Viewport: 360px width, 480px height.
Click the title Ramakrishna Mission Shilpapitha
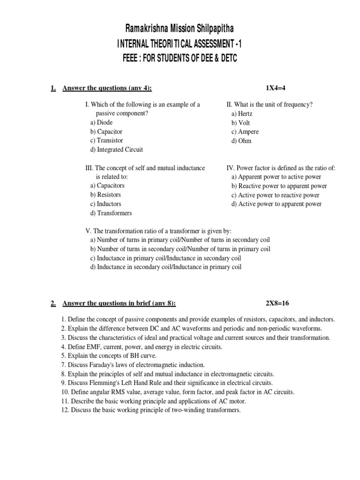coord(180,30)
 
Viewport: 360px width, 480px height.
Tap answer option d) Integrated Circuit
coord(117,150)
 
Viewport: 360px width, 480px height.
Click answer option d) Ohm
coord(241,141)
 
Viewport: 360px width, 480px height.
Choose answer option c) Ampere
coord(245,132)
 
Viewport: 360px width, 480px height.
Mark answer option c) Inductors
coord(105,204)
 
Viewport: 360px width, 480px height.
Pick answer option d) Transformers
coord(111,213)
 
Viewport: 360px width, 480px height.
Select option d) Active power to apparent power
coord(277,204)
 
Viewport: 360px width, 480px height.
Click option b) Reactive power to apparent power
coord(279,186)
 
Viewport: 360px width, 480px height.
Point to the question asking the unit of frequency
coord(270,105)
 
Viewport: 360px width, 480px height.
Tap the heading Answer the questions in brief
coord(119,303)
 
